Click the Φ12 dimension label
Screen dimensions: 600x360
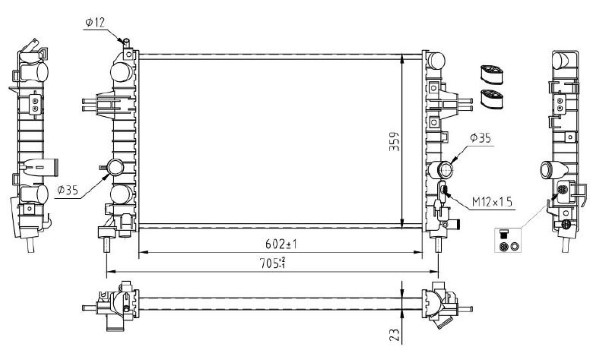click(x=95, y=23)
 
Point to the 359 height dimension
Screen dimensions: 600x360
click(x=394, y=142)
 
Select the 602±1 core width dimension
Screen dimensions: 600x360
click(x=281, y=244)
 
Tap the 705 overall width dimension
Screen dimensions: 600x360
click(x=273, y=263)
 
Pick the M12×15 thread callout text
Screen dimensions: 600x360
click(x=492, y=202)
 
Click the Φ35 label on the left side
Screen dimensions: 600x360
click(x=68, y=190)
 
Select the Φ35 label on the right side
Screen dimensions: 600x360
click(x=480, y=138)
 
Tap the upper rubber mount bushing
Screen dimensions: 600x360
click(x=491, y=74)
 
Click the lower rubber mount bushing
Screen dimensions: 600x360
click(x=491, y=99)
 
